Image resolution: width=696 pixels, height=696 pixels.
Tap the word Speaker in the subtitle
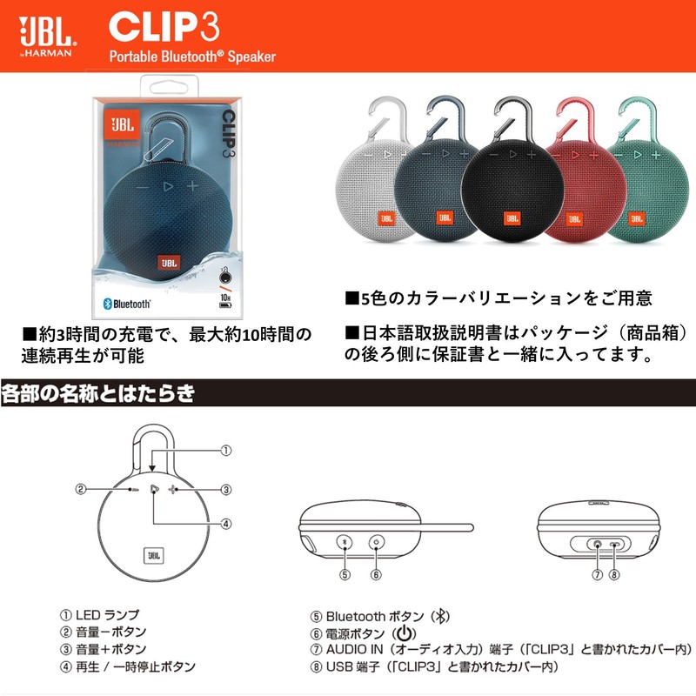point(251,57)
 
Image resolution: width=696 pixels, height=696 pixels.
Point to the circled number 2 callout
point(80,489)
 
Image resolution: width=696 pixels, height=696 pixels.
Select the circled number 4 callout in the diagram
point(224,524)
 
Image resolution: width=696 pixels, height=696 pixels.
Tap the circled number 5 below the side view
point(345,574)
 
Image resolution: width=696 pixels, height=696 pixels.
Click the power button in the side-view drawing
point(377,542)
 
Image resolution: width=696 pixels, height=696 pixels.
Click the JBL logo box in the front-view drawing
point(152,552)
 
